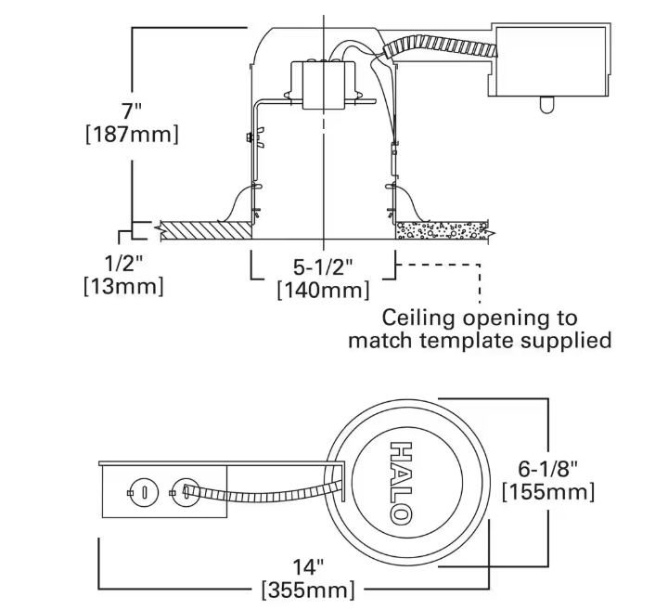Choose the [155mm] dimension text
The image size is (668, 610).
[x=547, y=490]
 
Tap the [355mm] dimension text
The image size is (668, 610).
[x=307, y=588]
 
